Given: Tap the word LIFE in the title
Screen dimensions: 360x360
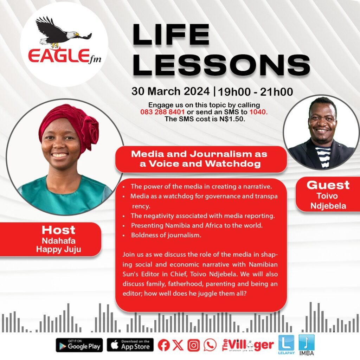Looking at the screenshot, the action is pyautogui.click(x=171, y=35).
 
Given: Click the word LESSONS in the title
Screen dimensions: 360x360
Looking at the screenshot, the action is pyautogui.click(x=221, y=65).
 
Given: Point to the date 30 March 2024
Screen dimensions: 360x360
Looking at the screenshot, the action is pyautogui.click(x=171, y=91).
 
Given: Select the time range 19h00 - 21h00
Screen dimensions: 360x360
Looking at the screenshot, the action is pyautogui.click(x=255, y=92).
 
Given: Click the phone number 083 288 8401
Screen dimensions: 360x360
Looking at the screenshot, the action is pyautogui.click(x=162, y=112).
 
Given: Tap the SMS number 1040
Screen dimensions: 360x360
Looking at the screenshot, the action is pyautogui.click(x=258, y=112).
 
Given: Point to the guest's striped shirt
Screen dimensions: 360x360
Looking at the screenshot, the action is pyautogui.click(x=324, y=156).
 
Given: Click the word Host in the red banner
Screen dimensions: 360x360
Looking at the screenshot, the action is pyautogui.click(x=58, y=230).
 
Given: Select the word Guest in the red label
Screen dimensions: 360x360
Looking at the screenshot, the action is pyautogui.click(x=328, y=185).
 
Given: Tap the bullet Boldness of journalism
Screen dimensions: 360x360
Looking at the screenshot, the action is pyautogui.click(x=166, y=235).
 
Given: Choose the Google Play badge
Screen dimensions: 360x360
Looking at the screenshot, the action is pyautogui.click(x=79, y=345).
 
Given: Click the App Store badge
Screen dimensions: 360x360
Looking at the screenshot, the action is pyautogui.click(x=130, y=345).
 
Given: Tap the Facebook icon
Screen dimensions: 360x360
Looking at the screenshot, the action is pyautogui.click(x=164, y=345).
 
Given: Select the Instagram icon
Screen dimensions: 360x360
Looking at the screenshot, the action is pyautogui.click(x=194, y=345).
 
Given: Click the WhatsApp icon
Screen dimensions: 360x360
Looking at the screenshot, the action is pyautogui.click(x=210, y=345).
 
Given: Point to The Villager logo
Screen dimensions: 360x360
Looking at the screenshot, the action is pyautogui.click(x=248, y=345).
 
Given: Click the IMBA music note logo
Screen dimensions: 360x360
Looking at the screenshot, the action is pyautogui.click(x=307, y=345).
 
